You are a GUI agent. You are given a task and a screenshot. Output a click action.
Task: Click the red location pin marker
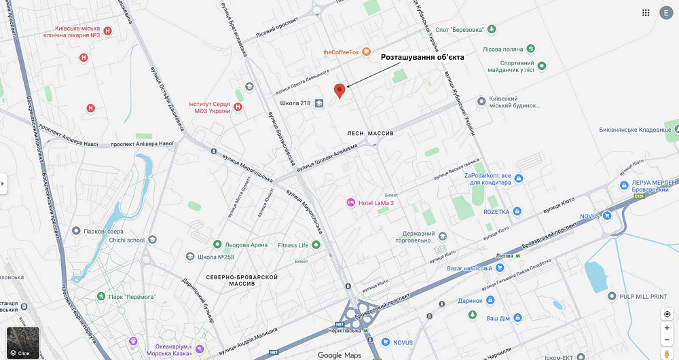[339, 91]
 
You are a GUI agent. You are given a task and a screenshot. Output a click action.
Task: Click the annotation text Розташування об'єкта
[422, 58]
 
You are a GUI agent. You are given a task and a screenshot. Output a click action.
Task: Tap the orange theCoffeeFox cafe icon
[367, 52]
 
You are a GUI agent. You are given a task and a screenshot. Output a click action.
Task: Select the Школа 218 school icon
[319, 103]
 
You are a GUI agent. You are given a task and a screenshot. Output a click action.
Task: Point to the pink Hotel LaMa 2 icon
[351, 202]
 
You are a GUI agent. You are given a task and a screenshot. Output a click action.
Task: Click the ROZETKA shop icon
[517, 212]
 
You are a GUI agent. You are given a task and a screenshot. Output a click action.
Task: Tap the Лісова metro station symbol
[519, 256]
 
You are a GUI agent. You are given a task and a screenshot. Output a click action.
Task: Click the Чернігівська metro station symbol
[366, 331]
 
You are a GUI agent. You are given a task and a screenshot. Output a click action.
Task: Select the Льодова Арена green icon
[217, 245]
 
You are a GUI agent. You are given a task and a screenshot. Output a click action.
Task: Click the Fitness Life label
[293, 245]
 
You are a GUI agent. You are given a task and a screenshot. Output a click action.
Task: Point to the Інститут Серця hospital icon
[237, 106]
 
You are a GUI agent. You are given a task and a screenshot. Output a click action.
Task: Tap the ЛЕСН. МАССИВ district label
[370, 134]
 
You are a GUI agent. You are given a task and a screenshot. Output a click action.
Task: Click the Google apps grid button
[646, 13]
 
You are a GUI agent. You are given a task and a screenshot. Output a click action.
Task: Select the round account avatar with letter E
[666, 13]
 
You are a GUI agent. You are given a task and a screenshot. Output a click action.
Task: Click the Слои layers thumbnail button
[23, 342]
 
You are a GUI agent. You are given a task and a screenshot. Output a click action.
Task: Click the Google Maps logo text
[339, 355]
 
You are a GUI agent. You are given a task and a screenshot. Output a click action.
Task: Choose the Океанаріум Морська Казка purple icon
[200, 348]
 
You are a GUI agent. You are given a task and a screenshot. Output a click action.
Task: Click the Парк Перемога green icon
[101, 297]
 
